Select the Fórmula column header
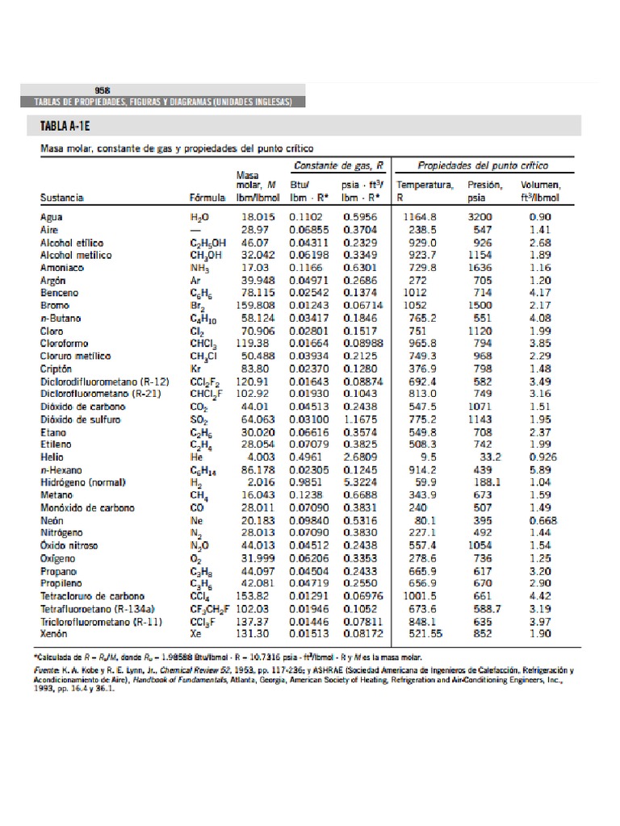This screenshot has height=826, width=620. [207, 197]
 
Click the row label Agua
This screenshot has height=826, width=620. [52, 217]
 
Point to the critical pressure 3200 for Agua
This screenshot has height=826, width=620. [480, 217]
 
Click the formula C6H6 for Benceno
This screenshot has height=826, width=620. [201, 294]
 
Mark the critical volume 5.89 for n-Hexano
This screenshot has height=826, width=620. [540, 469]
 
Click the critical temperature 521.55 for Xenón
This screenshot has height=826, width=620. [418, 634]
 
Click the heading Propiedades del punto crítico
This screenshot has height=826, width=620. [483, 165]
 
